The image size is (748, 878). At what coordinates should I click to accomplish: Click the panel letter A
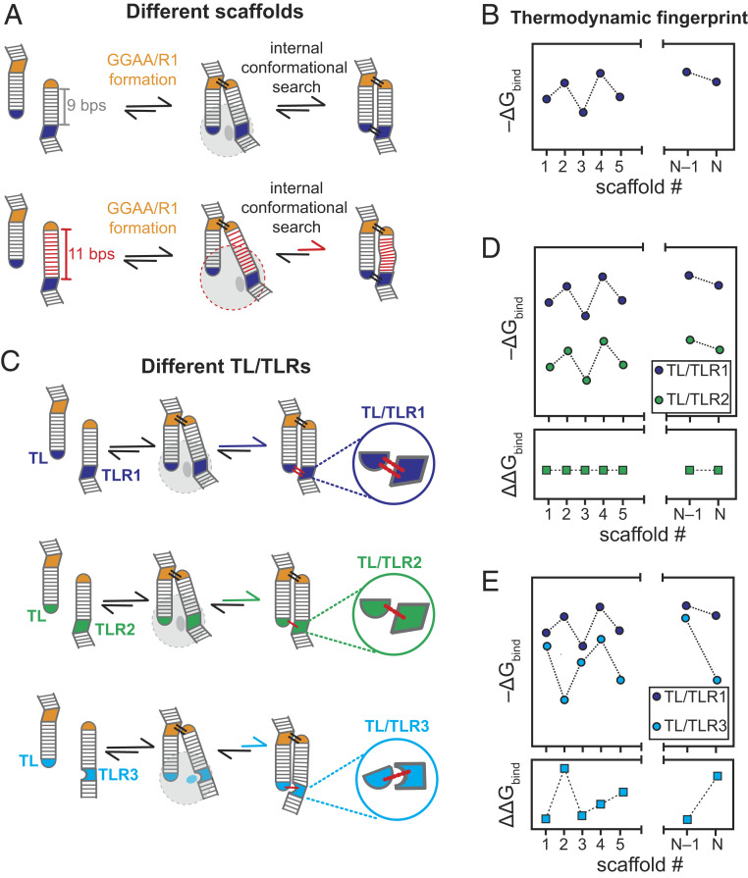[14, 13]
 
